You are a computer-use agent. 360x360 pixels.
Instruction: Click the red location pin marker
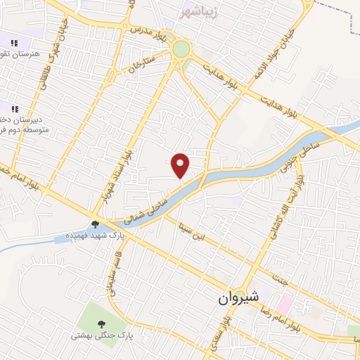coord(181,164)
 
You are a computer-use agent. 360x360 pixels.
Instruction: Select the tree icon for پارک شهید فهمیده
coord(95,224)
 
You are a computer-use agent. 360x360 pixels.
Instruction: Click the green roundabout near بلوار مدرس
coord(181,49)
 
